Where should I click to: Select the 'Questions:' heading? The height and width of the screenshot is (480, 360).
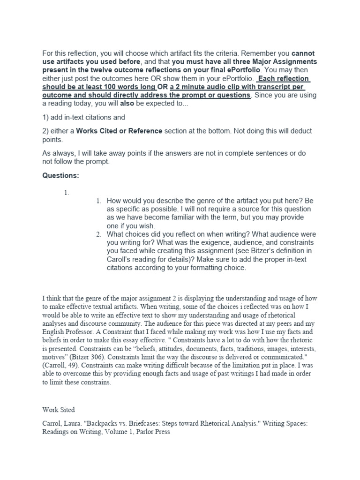click(61, 175)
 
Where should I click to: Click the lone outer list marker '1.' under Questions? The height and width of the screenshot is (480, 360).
click(66, 192)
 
